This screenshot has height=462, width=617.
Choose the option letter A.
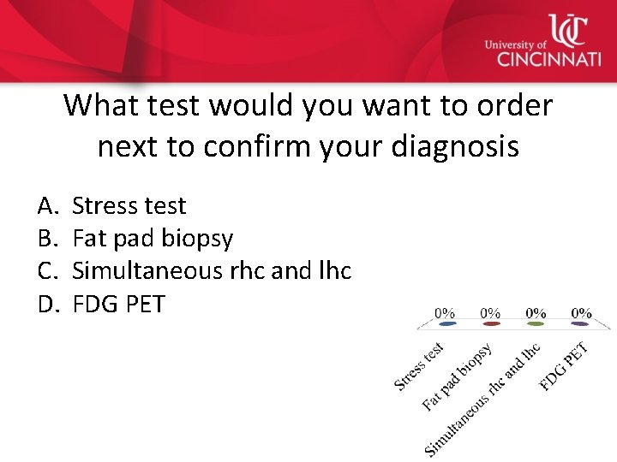point(47,205)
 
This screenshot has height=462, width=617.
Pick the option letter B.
point(47,238)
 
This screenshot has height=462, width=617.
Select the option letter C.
point(47,270)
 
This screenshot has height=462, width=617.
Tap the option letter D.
point(47,303)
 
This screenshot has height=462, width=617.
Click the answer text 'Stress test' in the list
point(129,205)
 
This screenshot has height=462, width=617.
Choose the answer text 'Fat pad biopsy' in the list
point(153,238)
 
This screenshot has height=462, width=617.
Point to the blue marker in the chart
point(445,324)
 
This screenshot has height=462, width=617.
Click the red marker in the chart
point(490,324)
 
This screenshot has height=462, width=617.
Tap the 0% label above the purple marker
point(581,313)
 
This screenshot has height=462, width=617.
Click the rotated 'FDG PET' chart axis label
point(564,366)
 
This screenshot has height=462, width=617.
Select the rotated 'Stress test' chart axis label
point(419,366)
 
